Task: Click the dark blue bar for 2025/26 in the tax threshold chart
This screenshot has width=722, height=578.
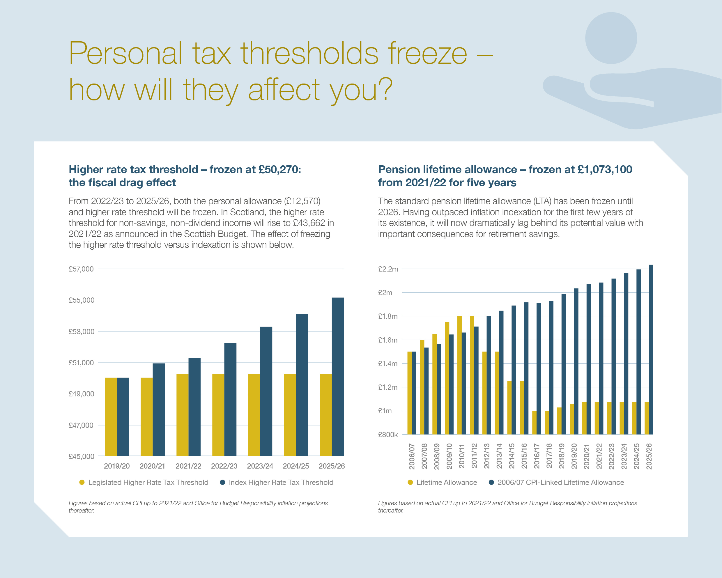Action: pos(337,377)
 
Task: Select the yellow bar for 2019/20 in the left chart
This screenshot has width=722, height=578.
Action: pos(111,417)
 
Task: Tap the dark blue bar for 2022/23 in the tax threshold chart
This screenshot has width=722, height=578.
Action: pos(230,399)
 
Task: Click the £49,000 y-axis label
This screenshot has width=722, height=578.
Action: pos(81,394)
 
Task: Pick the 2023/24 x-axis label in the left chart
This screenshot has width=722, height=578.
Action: pos(260,466)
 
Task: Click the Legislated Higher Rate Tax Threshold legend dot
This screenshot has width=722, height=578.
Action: pos(82,482)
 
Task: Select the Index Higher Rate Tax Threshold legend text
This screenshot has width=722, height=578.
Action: pos(281,482)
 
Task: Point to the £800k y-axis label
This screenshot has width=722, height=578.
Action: pos(388,435)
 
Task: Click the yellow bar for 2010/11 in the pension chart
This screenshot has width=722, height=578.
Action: pos(459,375)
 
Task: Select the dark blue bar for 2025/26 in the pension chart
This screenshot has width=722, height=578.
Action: pos(651,350)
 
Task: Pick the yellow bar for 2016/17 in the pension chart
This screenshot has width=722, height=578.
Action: pos(535,422)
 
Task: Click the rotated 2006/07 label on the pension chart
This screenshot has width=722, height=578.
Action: pos(412,456)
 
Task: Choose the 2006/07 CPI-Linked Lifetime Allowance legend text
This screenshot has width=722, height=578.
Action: pos(561,482)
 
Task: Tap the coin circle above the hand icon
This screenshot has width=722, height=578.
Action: pos(611,38)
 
